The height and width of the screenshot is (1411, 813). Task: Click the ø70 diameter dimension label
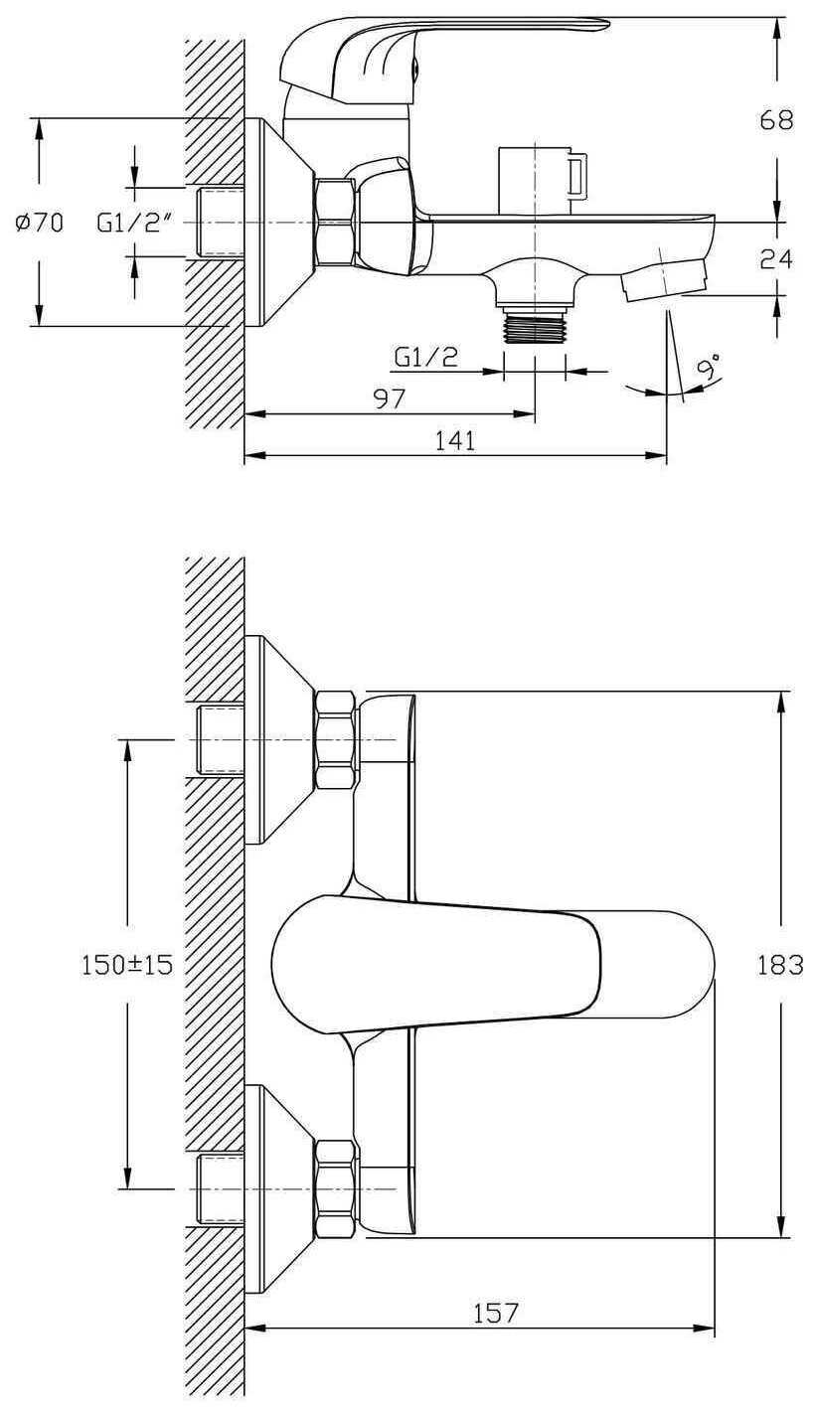tap(39, 223)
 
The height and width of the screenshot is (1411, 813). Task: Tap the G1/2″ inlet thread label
tap(135, 223)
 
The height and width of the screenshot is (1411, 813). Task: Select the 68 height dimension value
tap(776, 119)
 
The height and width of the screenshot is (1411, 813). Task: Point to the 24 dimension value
tap(776, 258)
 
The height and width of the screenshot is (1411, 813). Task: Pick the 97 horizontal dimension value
tap(390, 398)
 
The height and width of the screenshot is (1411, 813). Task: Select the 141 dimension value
tap(455, 441)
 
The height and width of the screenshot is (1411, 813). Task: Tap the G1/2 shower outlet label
tap(426, 358)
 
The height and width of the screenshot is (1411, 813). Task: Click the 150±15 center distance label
tap(127, 964)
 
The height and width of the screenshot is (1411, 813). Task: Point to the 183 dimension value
tap(780, 964)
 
